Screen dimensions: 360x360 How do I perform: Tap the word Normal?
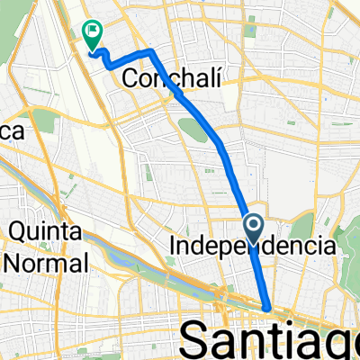pos(45,264)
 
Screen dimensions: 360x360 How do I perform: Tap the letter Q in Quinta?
pos(17,233)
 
